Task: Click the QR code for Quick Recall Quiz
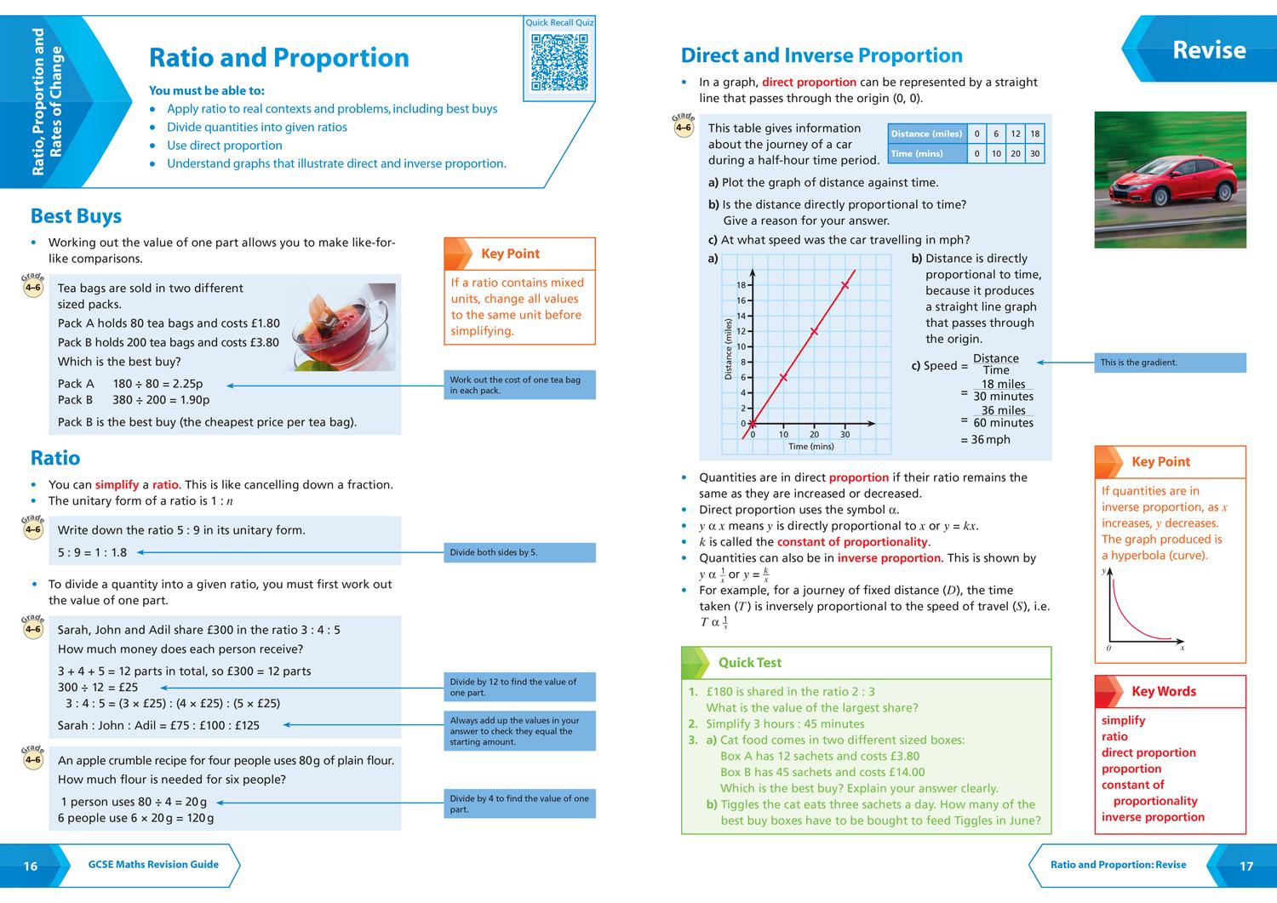(x=559, y=62)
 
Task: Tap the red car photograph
(x=1170, y=180)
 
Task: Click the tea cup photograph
(x=343, y=328)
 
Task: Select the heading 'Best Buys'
(x=76, y=216)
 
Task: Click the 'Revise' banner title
(x=1208, y=50)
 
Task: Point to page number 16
(x=31, y=866)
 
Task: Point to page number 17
(x=1246, y=866)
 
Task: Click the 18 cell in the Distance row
(x=1034, y=134)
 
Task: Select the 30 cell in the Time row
(x=1034, y=154)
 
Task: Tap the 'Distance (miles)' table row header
(x=926, y=134)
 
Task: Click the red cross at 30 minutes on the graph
(x=845, y=285)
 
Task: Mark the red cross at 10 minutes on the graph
(x=783, y=377)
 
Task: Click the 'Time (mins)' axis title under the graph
(x=810, y=446)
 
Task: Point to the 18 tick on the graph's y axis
(x=741, y=285)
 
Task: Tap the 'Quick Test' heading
(x=749, y=662)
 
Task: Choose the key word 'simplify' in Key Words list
(x=1123, y=720)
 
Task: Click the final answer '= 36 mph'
(x=985, y=440)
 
